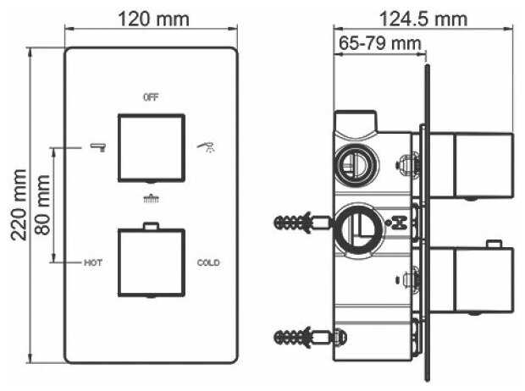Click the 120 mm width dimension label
coord(153,19)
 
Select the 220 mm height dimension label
coord(19,205)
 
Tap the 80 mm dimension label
coord(42,205)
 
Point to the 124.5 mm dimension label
coord(423,19)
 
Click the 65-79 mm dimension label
coord(379,43)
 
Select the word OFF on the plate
coord(151,97)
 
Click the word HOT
coord(93,263)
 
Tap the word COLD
coord(208,263)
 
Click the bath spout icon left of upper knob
coord(98,147)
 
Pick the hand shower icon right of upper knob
coord(207,147)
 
